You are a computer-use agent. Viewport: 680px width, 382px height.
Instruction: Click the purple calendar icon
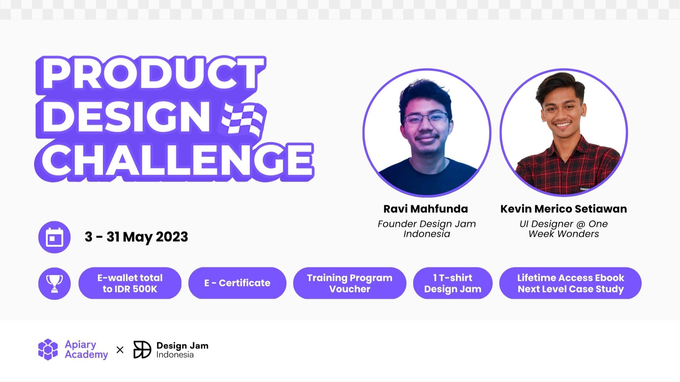54,237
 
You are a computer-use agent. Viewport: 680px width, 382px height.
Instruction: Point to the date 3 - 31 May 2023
136,237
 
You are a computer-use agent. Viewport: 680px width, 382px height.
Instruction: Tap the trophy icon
54,284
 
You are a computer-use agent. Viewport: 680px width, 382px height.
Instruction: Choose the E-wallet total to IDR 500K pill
130,283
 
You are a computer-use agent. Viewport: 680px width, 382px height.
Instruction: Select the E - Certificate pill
237,283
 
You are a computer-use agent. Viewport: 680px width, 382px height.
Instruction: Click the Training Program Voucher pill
350,283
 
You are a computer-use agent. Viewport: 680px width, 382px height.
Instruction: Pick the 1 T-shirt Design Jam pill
453,283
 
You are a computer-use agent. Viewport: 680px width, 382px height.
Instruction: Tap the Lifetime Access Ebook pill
571,283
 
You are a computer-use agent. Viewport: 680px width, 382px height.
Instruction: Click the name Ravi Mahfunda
426,209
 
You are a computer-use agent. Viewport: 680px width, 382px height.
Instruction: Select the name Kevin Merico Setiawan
564,209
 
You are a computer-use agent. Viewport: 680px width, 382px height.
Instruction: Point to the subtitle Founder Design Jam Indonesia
427,229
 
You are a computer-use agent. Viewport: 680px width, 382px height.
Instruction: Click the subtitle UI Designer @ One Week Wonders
564,229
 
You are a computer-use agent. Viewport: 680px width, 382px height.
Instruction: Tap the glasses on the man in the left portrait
427,119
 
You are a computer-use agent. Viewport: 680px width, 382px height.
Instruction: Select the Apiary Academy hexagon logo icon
48,350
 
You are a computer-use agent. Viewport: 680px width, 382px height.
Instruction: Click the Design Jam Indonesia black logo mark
142,350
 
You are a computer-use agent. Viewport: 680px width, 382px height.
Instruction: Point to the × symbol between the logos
120,350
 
